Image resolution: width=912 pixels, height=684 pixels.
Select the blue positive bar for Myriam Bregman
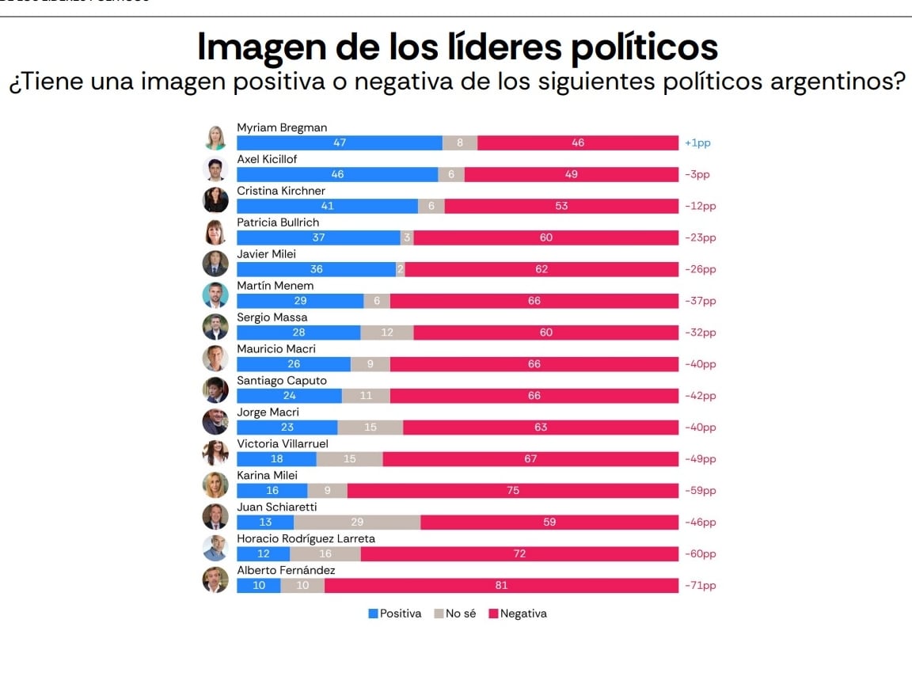tap(340, 143)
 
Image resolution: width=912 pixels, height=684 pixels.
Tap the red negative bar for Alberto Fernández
tap(501, 586)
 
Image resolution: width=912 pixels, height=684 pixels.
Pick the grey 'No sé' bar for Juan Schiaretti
tap(357, 522)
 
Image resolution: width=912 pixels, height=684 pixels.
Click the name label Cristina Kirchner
tap(281, 191)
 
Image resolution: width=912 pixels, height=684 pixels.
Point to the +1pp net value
tap(697, 143)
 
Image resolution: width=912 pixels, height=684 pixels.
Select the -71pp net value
tap(700, 586)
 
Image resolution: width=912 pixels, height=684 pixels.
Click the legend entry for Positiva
tap(395, 614)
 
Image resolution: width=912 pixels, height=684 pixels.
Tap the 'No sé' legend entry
tap(455, 614)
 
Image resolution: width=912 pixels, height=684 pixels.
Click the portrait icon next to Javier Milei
tap(215, 264)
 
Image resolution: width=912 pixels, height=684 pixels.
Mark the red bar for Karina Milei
tap(513, 491)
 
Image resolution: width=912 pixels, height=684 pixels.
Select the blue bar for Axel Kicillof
tap(337, 175)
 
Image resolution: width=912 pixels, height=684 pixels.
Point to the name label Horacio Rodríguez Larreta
tap(306, 538)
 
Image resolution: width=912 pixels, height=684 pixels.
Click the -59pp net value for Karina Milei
tap(700, 491)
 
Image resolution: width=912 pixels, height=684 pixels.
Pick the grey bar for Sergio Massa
tap(387, 332)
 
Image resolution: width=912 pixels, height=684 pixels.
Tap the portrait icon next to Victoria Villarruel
tap(215, 454)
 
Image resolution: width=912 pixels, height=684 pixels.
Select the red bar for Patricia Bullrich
tap(545, 237)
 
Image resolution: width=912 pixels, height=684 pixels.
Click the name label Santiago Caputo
tap(281, 380)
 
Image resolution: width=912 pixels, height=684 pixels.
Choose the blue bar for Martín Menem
tap(300, 301)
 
